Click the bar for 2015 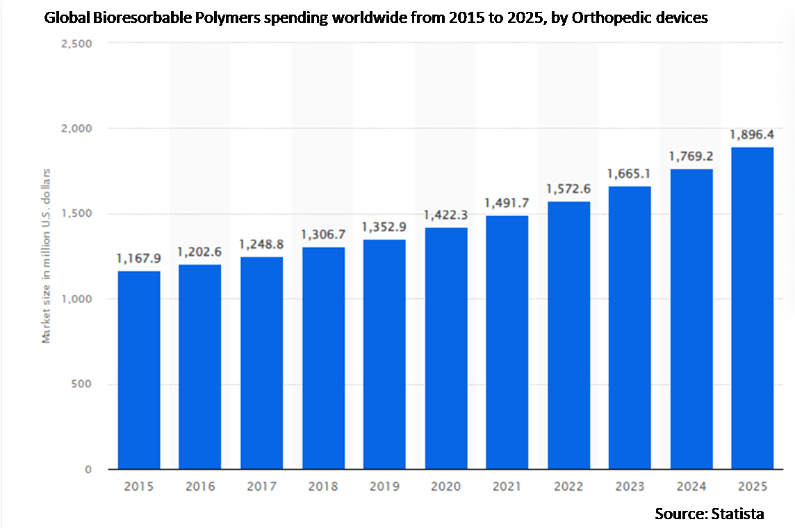(139, 370)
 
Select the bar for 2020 (446, 348)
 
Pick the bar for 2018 (323, 358)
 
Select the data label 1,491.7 (507, 204)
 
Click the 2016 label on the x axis (200, 487)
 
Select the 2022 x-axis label (568, 487)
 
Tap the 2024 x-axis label (691, 487)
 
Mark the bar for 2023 (630, 328)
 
